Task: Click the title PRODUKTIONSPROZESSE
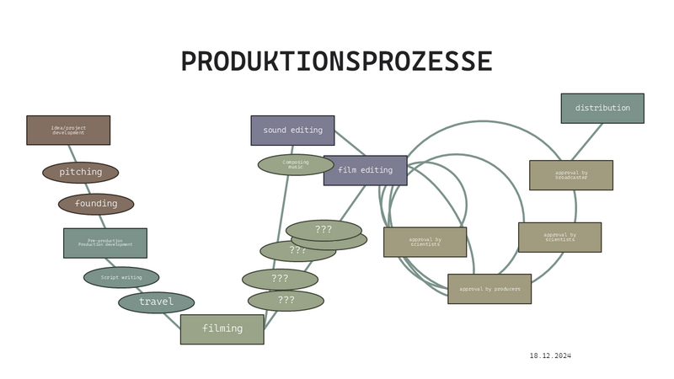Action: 337,61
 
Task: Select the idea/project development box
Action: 68,130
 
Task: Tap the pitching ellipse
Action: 81,173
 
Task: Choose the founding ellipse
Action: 96,204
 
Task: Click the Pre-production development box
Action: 105,243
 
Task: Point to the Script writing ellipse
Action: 121,277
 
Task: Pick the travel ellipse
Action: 157,302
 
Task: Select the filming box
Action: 222,328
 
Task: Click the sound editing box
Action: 292,131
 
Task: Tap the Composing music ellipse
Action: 296,165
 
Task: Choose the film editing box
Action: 365,170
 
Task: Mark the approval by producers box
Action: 489,289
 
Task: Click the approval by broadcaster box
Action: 571,175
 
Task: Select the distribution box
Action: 602,109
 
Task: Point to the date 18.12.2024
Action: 551,356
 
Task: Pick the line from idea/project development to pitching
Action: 73,154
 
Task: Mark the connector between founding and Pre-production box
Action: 101,222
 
